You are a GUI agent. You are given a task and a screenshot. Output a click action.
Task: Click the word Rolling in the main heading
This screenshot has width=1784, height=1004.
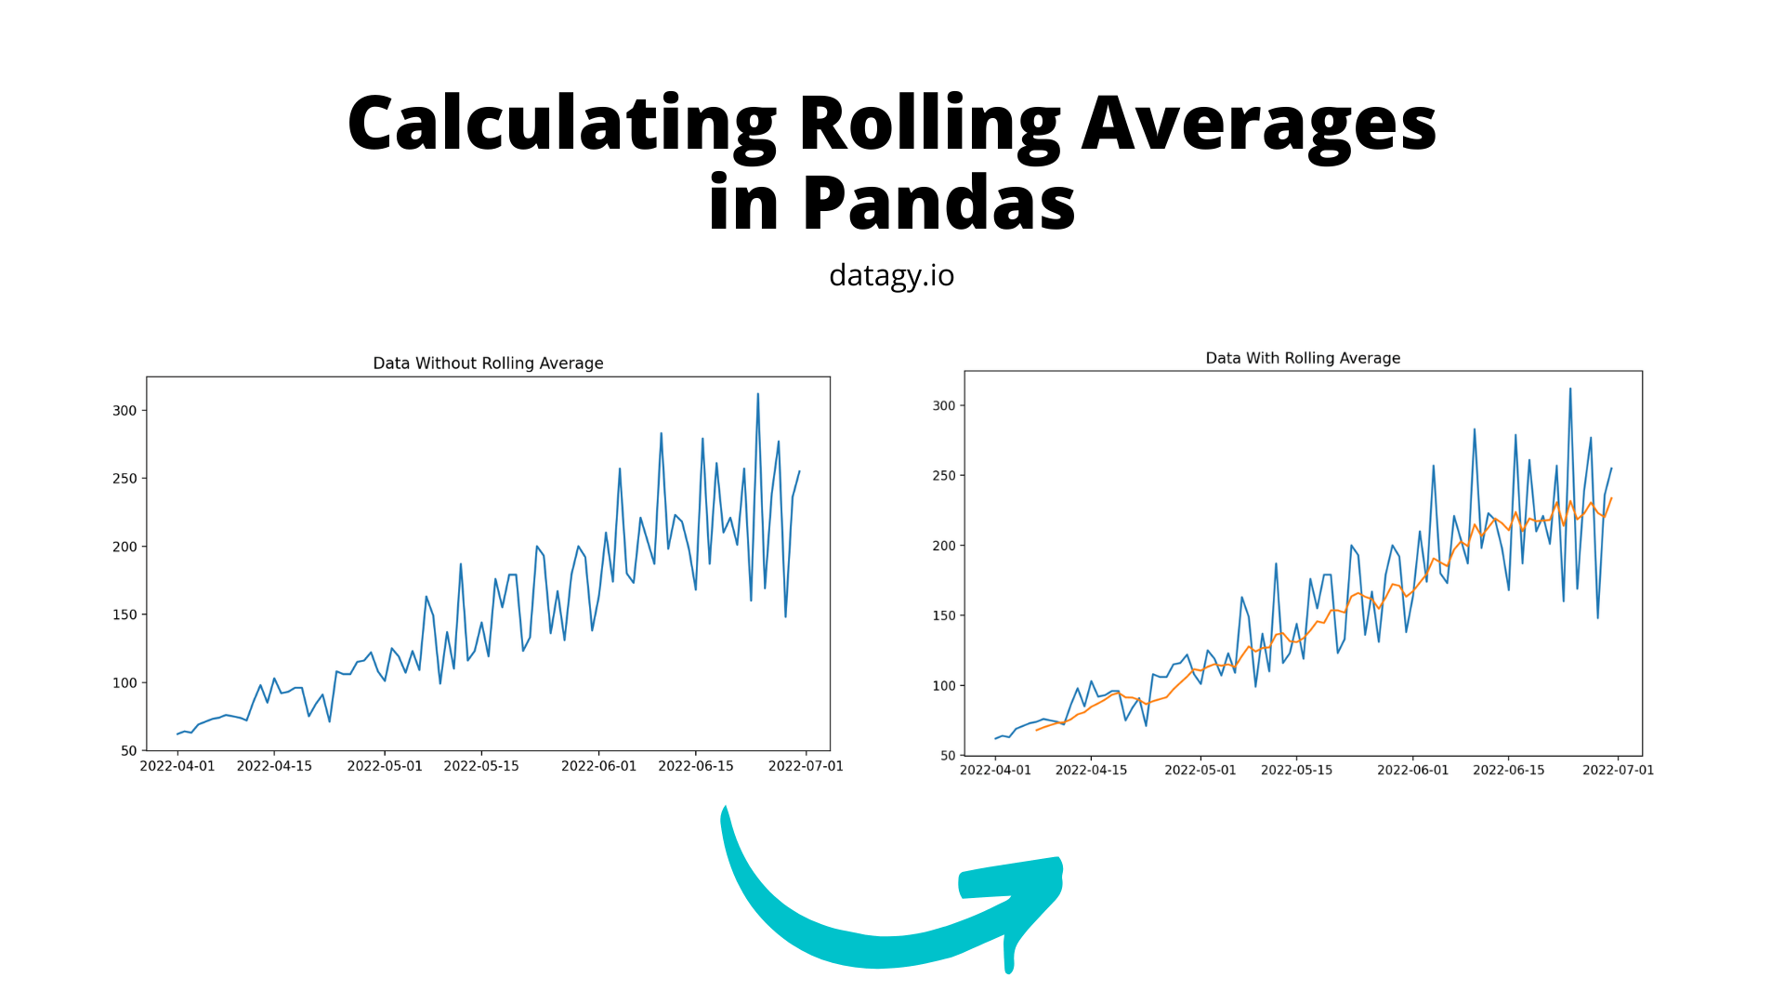[928, 124]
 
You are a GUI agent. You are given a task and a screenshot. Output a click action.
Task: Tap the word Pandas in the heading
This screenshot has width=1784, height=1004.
[938, 204]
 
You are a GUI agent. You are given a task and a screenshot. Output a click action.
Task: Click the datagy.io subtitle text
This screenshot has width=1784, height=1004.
[891, 275]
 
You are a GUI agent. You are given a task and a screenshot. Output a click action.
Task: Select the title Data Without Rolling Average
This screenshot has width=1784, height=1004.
[488, 363]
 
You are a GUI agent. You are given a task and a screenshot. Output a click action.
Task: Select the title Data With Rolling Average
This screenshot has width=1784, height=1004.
[1303, 358]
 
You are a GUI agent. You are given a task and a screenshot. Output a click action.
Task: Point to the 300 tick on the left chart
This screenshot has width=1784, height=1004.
[125, 411]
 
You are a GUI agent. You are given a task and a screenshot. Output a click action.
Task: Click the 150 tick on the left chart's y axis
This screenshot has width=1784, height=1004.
[125, 614]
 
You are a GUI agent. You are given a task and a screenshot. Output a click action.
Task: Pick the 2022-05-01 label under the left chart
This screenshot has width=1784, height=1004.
[385, 766]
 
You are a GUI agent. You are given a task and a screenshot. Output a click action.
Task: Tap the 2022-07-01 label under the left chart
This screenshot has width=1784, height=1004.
[806, 766]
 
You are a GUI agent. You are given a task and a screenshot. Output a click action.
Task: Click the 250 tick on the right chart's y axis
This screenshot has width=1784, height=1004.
[944, 476]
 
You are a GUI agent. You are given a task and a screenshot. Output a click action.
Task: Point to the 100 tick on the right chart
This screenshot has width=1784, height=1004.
[944, 686]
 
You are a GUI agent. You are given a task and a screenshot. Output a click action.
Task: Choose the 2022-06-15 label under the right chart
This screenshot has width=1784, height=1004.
[1509, 770]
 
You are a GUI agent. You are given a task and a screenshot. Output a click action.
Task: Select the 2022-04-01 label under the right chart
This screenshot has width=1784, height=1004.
[995, 770]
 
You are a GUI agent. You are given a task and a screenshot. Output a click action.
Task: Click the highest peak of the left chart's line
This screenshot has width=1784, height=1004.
[758, 394]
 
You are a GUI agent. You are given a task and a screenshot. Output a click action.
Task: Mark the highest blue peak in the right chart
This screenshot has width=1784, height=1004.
[1570, 390]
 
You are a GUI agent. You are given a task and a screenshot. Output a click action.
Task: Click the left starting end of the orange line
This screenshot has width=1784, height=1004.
[1037, 730]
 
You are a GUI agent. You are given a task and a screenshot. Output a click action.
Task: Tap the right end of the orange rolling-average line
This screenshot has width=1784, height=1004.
[1611, 498]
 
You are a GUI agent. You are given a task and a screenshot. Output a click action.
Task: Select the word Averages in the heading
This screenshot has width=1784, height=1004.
[1259, 124]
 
